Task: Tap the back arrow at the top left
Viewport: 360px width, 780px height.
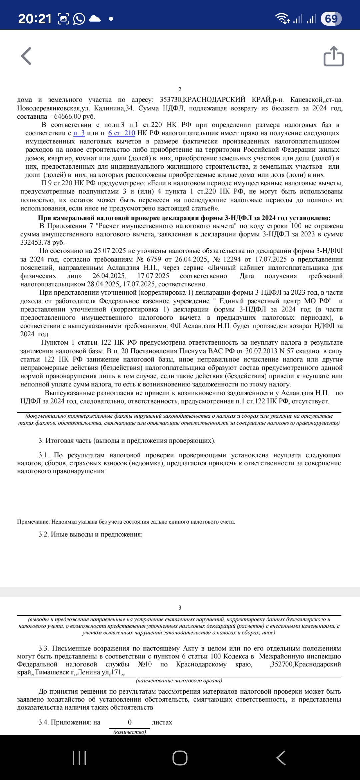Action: (x=26, y=56)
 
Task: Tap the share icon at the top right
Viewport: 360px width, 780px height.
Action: (x=334, y=56)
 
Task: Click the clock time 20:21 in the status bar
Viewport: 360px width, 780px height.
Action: (x=35, y=19)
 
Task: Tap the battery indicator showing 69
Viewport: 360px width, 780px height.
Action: (x=331, y=19)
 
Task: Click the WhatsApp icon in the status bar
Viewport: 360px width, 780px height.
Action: (x=79, y=19)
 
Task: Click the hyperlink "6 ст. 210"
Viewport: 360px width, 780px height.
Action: (x=122, y=133)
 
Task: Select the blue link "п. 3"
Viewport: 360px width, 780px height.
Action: (x=79, y=133)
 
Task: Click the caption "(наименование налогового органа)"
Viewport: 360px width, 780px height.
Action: (x=179, y=681)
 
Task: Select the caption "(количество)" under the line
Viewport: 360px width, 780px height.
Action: (x=130, y=732)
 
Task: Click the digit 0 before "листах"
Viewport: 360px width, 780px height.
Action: (x=130, y=722)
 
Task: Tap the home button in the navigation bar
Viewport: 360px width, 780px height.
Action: (x=180, y=758)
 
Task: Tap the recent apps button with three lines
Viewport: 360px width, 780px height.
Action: (x=79, y=758)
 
